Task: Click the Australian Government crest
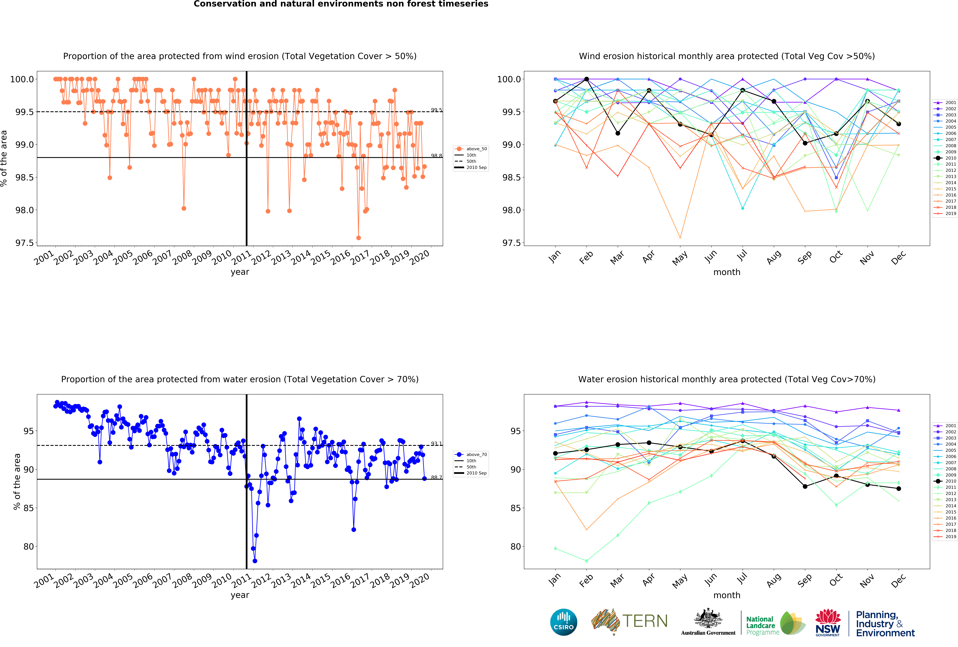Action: click(708, 618)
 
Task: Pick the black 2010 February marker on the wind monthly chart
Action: click(587, 79)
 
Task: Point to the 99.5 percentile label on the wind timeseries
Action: click(436, 110)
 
